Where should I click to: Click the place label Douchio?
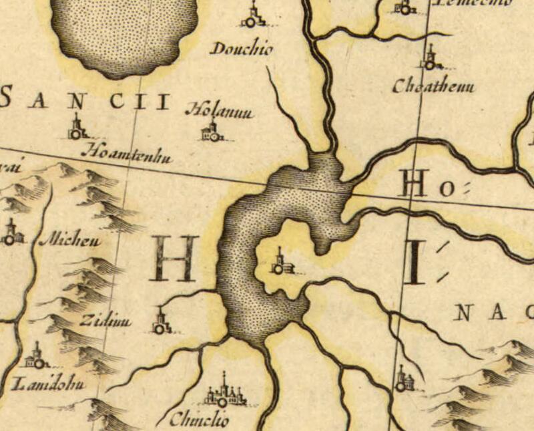(x=242, y=49)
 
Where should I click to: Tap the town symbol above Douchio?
(x=252, y=17)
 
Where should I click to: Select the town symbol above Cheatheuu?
(x=431, y=59)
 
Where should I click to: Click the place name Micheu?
(x=70, y=240)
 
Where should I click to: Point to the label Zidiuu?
(x=105, y=321)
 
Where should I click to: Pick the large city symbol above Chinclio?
(x=223, y=393)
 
